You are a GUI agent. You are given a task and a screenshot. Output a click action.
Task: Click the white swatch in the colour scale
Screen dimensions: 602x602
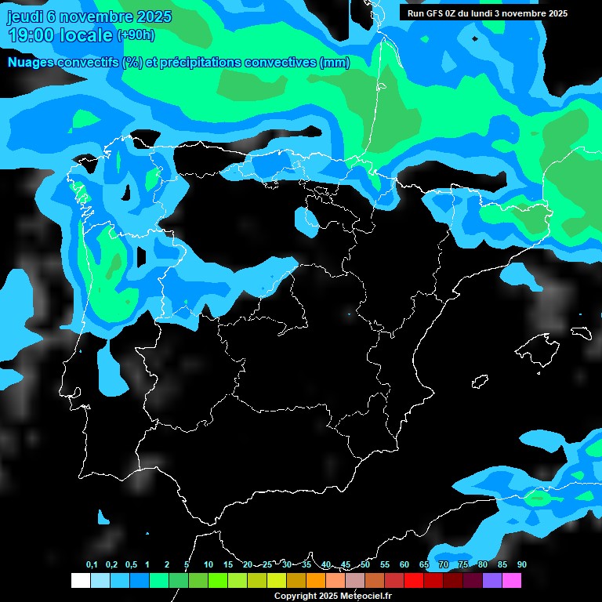(80, 580)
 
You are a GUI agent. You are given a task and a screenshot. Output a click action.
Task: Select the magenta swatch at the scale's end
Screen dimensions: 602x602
(512, 580)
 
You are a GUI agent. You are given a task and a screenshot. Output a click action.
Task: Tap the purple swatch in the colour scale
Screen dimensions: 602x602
(492, 580)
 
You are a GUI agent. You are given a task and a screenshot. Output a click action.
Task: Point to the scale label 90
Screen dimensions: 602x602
(521, 565)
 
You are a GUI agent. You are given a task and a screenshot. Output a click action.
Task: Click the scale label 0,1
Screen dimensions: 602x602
(92, 565)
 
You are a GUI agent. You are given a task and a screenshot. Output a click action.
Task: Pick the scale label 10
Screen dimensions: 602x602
(209, 565)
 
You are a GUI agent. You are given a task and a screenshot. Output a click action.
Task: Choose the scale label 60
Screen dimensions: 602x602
(404, 565)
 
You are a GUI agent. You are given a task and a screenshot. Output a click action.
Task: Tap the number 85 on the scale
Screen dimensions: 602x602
(502, 565)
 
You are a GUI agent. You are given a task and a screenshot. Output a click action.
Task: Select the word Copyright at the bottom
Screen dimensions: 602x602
(296, 596)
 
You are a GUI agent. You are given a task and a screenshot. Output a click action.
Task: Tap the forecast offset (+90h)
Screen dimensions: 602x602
(136, 35)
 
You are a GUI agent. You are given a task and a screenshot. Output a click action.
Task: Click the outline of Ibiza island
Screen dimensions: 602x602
(480, 382)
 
